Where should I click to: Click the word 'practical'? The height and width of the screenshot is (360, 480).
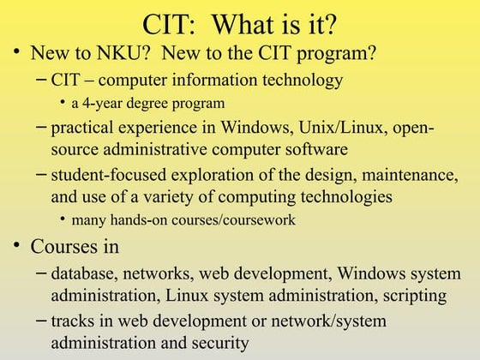(86, 129)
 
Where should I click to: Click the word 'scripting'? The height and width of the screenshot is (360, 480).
(416, 296)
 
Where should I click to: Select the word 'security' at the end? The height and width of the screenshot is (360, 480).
(221, 343)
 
